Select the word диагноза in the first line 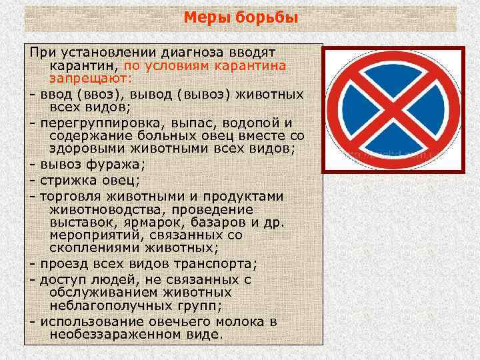[x=185, y=52]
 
